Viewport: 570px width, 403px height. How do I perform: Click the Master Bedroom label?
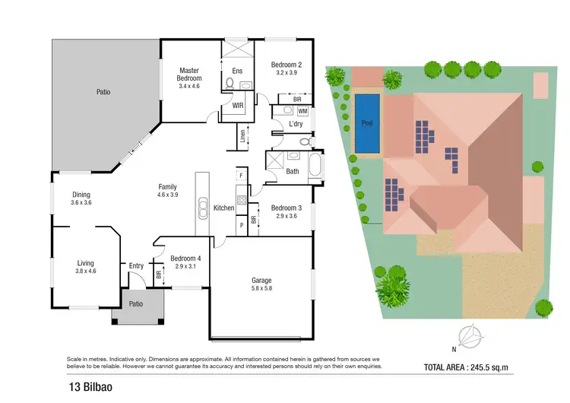pos(189,74)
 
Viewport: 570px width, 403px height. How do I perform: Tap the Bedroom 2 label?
pos(287,65)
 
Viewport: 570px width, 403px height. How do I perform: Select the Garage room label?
pos(261,280)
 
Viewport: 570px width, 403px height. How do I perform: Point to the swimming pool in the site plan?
pos(367,122)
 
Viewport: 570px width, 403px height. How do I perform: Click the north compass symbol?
pos(471,335)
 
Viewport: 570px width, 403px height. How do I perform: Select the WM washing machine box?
pos(302,111)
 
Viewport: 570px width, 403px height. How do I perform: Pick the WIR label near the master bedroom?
pos(238,106)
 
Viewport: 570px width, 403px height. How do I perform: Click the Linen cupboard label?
pos(243,138)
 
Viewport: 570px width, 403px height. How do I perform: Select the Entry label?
pos(136,265)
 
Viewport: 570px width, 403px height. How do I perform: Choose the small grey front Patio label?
pos(136,304)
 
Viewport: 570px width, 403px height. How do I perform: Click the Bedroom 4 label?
pos(185,258)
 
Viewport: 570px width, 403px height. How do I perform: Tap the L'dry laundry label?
pos(296,125)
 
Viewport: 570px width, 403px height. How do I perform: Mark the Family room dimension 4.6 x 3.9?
pos(167,195)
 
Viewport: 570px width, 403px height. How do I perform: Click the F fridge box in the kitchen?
pos(241,176)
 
